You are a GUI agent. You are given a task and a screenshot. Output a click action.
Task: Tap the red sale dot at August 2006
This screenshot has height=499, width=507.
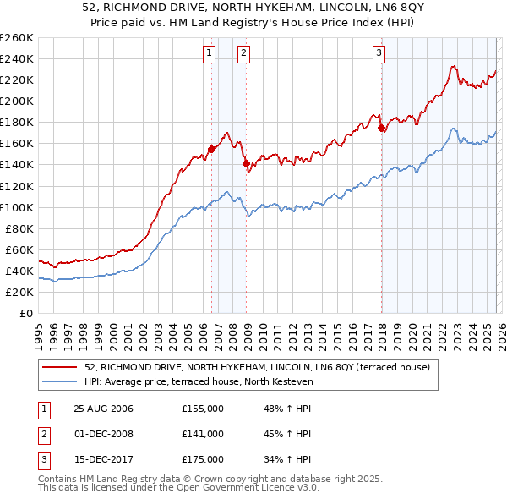point(211,149)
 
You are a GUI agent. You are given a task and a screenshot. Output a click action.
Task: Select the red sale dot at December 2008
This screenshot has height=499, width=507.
point(246,163)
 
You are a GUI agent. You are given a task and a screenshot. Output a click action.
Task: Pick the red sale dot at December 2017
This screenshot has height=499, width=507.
point(382,128)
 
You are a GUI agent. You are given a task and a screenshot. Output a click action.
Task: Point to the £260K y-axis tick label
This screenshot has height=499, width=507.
point(16,38)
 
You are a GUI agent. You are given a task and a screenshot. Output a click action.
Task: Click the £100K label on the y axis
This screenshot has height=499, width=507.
point(16,207)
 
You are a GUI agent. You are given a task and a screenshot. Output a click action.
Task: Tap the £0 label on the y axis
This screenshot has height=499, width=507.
point(25,313)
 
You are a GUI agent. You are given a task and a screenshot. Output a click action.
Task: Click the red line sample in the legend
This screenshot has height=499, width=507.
point(60,367)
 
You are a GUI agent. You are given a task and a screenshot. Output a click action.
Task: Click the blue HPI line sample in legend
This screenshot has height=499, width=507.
point(60,382)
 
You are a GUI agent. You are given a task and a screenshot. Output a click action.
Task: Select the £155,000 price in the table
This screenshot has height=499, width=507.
point(203,409)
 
